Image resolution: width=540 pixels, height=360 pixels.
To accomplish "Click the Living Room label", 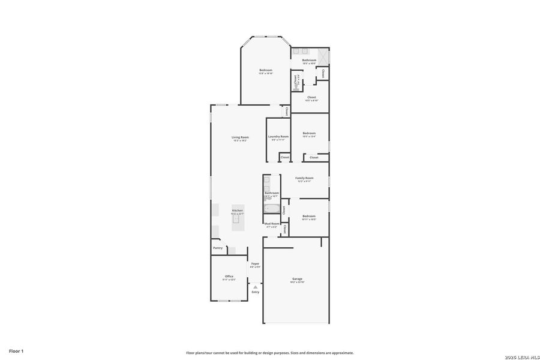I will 240,137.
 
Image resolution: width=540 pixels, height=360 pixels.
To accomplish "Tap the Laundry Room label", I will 278,136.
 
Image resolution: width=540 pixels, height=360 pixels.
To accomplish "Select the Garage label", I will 297,279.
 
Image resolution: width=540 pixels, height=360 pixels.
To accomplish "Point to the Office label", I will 229,276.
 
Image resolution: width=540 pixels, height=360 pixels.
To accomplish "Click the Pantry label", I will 217,248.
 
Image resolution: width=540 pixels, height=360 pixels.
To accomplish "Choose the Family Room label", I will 304,178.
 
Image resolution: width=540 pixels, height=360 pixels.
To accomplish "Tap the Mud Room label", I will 272,223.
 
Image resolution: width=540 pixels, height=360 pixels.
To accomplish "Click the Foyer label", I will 255,263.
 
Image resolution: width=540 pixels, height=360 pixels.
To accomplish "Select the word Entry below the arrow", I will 255,292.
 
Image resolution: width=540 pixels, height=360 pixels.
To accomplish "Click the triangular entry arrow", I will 255,287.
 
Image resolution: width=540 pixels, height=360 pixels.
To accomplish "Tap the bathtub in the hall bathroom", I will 271,209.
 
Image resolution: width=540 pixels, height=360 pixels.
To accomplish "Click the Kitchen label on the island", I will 238,211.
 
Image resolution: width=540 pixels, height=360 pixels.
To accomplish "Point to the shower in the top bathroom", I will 323,56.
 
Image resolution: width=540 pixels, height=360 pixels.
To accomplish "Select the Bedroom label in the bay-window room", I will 266,70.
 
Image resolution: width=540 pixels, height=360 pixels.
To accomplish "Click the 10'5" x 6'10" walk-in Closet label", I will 311,97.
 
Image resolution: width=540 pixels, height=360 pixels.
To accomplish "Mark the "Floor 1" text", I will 16,350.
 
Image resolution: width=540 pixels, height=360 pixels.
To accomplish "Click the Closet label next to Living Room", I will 287,111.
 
